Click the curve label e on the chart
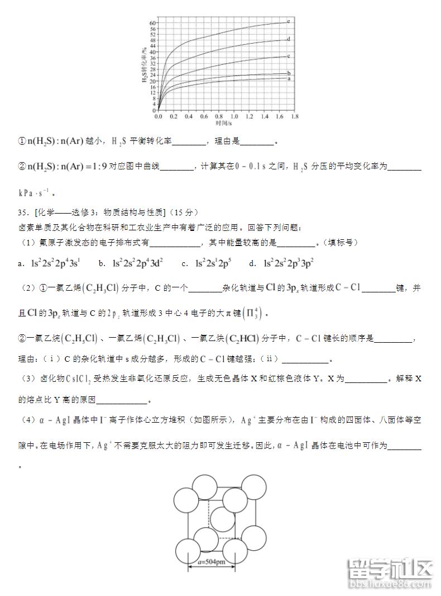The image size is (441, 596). [x=288, y=21]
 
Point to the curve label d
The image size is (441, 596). [x=288, y=39]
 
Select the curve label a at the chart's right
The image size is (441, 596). [x=288, y=79]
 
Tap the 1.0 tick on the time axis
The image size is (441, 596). [x=234, y=117]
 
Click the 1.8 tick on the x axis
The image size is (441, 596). [x=294, y=117]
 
